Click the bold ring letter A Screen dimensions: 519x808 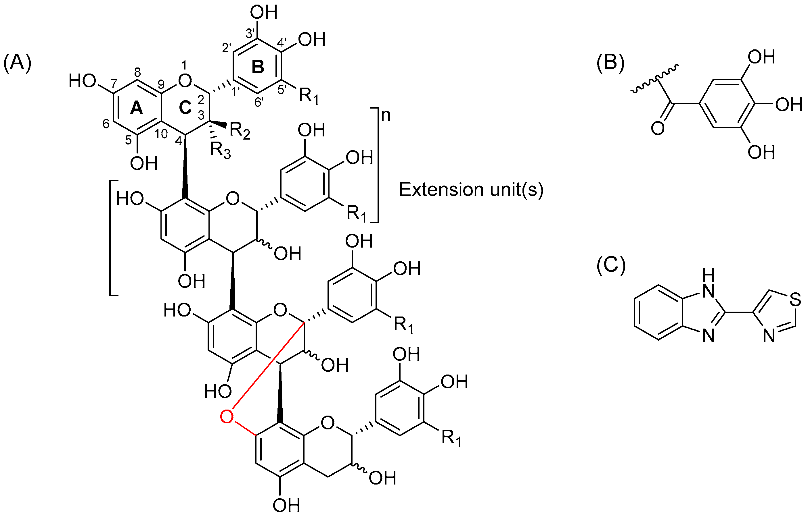(x=136, y=108)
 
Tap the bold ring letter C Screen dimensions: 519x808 (x=185, y=108)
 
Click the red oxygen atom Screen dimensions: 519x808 (x=226, y=416)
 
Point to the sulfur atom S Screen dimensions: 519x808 (x=795, y=299)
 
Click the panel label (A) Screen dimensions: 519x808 (x=17, y=63)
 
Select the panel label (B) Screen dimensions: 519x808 (x=610, y=63)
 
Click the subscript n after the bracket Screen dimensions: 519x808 (x=386, y=115)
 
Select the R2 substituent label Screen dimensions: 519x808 (x=240, y=131)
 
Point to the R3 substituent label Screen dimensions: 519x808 (x=220, y=150)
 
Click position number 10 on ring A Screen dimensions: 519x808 (x=161, y=134)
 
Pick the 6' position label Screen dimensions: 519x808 (x=259, y=101)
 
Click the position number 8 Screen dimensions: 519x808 (x=137, y=72)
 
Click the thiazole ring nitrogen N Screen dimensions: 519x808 (x=769, y=336)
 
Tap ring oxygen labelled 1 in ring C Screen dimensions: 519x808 (x=185, y=80)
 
